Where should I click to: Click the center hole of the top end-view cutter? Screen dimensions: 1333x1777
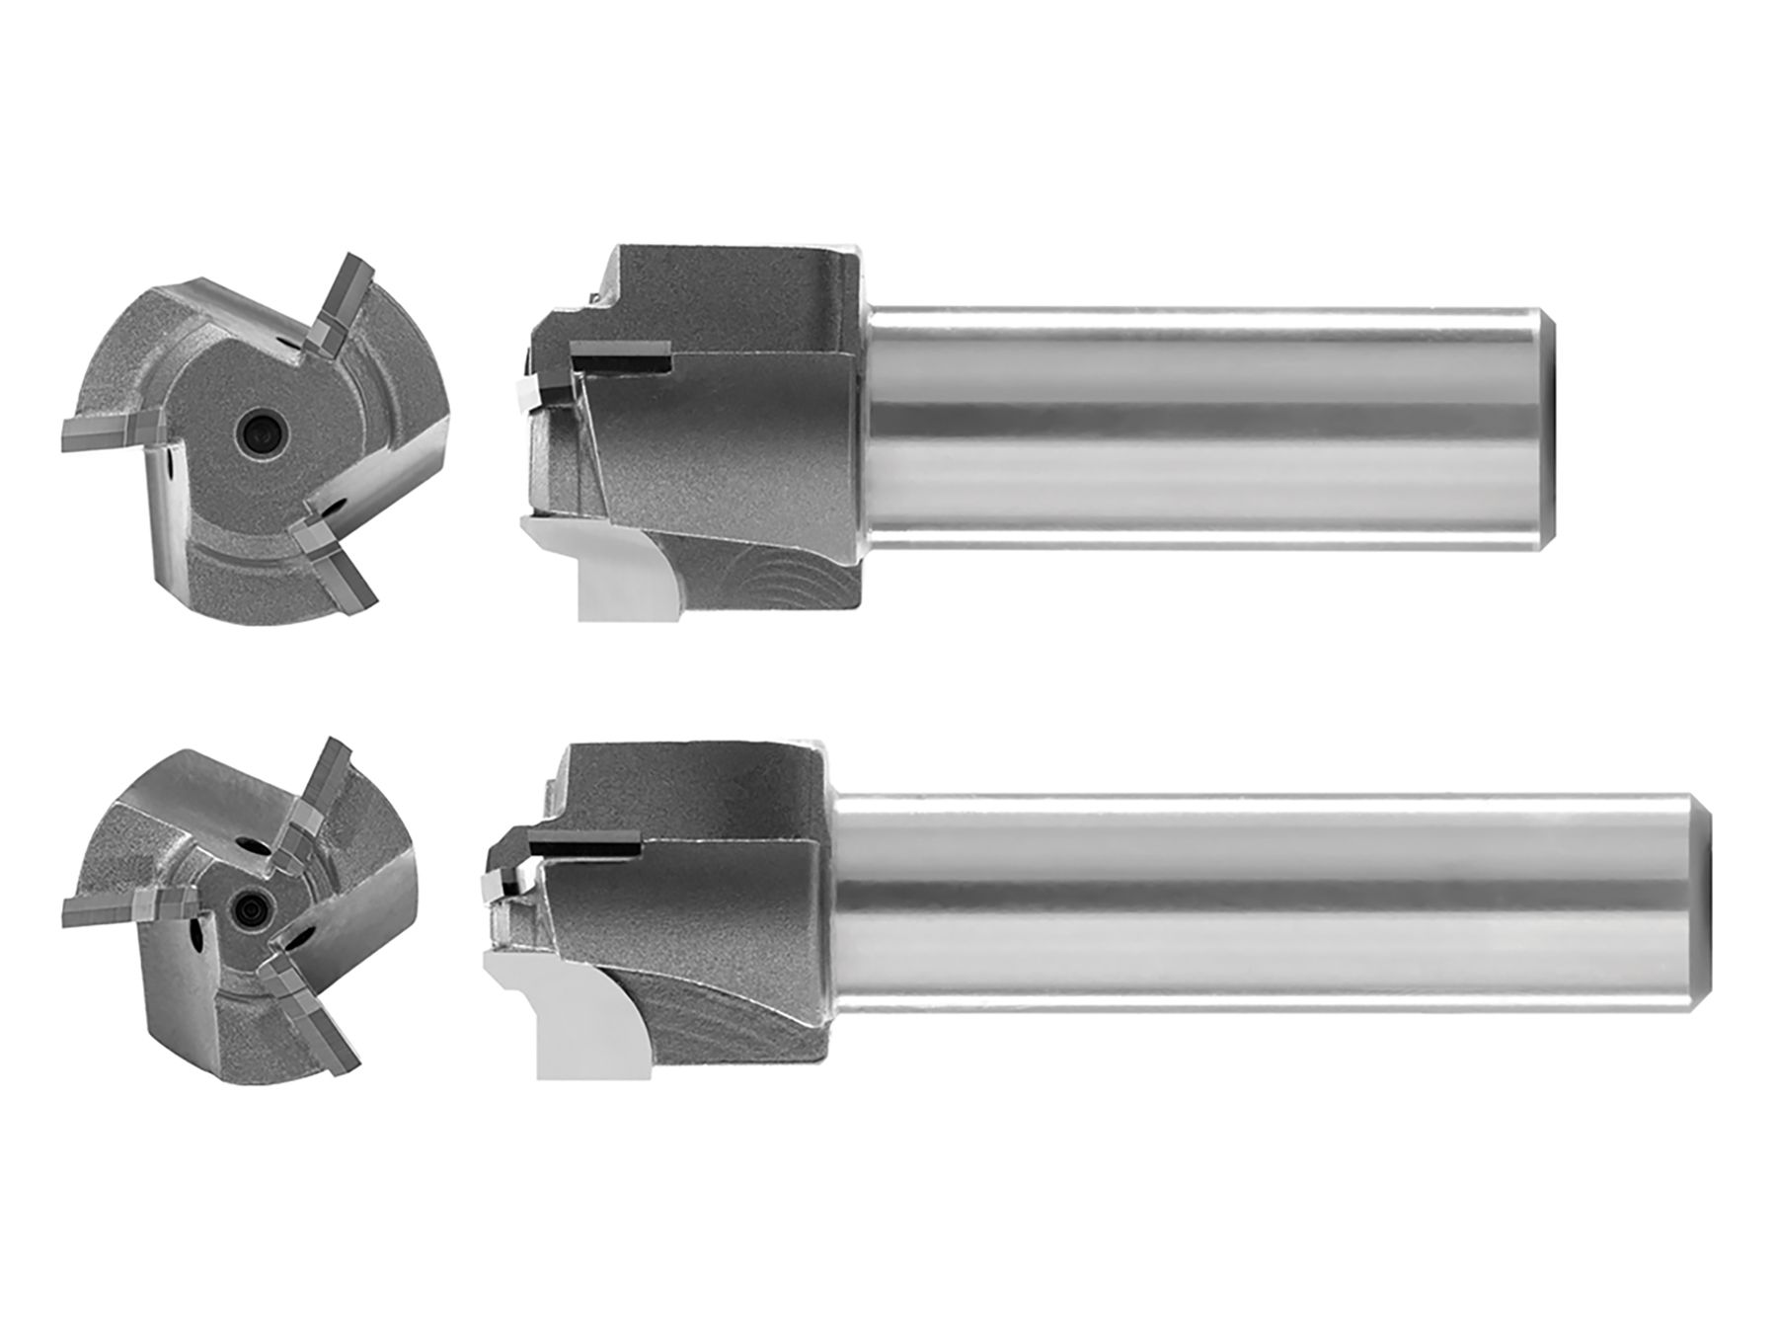click(259, 429)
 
